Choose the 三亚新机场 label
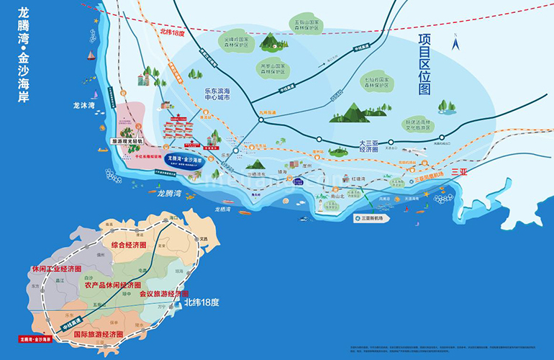(x=371, y=217)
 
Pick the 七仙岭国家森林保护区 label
(x=376, y=84)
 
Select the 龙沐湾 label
(x=84, y=106)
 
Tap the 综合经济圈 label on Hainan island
(x=128, y=245)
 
